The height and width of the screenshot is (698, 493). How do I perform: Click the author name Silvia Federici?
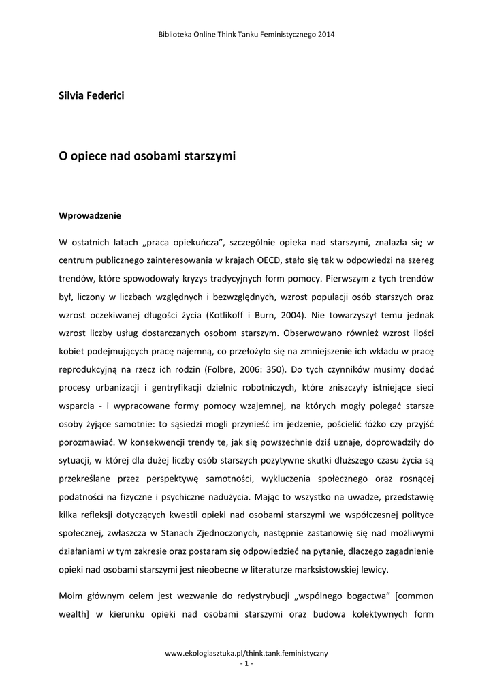[91, 95]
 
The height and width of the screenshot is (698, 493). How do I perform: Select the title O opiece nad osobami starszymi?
[147, 156]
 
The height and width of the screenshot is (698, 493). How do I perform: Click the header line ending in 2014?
[246, 33]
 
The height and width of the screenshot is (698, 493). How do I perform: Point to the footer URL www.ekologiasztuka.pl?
[246, 652]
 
